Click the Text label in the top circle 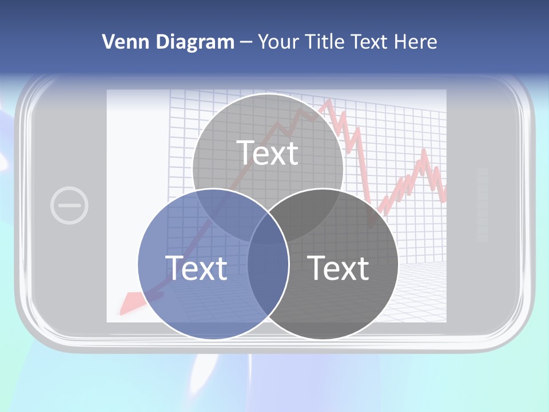click(268, 153)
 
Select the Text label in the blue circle click(196, 268)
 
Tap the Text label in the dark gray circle click(339, 268)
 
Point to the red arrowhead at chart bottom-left click(130, 302)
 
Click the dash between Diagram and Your click(246, 42)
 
